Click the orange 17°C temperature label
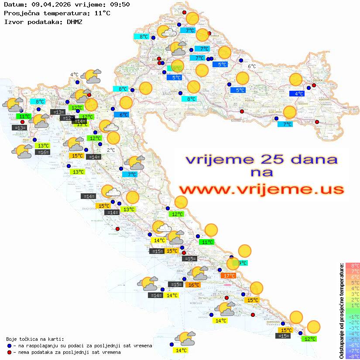click(229, 275)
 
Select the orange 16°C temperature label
click(194, 285)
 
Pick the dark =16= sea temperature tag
click(43, 152)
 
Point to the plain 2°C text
click(111, 150)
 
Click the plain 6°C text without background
click(252, 66)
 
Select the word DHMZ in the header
click(74, 21)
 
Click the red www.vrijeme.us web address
click(261, 189)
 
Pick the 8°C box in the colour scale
click(353, 265)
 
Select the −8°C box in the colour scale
click(353, 357)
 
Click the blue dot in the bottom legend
click(10, 346)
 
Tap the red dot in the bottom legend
click(10, 352)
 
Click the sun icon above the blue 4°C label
click(296, 80)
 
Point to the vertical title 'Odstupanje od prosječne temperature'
click(341, 311)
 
